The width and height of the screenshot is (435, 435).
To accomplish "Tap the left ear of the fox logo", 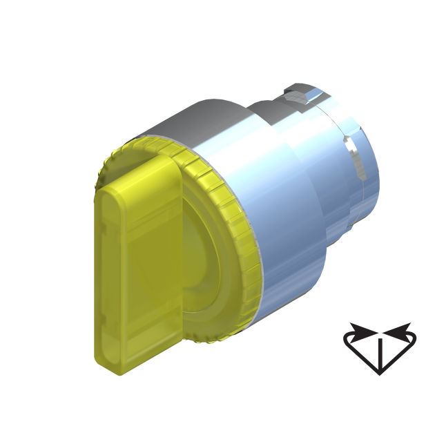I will [x=351, y=327].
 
